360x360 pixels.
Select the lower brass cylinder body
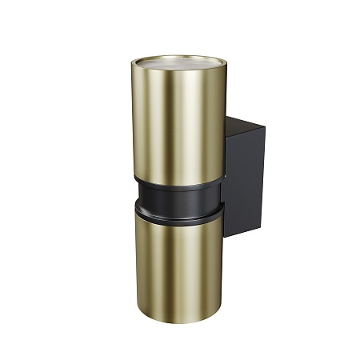point(178,256)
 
